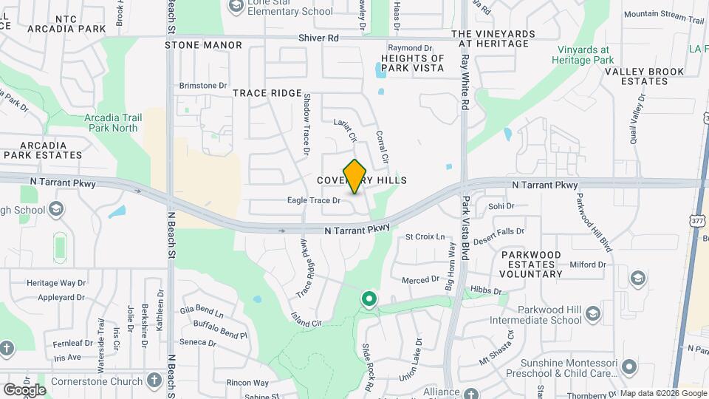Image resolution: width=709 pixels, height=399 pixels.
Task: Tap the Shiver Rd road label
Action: point(318,38)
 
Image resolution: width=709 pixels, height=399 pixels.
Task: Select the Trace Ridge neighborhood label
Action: point(267,93)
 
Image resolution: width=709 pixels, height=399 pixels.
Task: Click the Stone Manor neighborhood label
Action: point(203,45)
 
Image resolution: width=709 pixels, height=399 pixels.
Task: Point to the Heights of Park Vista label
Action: point(412,63)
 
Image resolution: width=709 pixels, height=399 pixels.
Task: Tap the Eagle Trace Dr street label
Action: point(314,200)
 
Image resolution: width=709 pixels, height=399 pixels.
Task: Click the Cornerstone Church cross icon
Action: point(154,381)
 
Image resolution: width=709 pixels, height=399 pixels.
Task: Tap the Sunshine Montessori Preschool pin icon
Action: point(628,366)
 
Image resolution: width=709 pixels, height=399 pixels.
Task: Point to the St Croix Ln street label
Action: point(425,237)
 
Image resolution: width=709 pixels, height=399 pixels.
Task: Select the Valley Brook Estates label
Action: point(636,77)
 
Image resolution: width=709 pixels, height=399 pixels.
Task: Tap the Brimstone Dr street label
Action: point(203,86)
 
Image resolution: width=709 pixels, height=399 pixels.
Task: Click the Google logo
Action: point(24,389)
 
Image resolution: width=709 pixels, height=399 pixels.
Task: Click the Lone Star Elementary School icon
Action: point(236,7)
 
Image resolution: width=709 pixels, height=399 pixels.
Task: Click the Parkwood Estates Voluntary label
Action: point(521,264)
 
